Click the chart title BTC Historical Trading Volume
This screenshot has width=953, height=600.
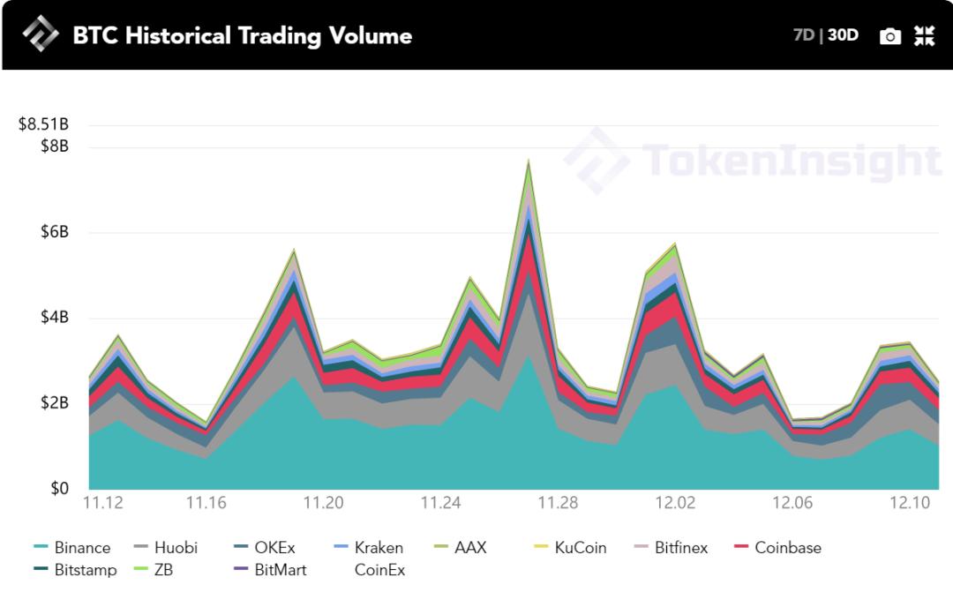pos(242,35)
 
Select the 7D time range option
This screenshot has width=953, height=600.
pos(803,35)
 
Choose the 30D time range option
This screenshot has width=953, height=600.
pos(843,35)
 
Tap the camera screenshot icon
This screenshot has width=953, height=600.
pos(890,36)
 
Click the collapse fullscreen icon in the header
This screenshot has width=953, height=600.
pos(924,35)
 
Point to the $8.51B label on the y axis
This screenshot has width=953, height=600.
pos(43,124)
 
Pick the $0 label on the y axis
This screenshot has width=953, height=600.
pos(58,489)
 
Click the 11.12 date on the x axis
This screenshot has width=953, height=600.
pos(102,503)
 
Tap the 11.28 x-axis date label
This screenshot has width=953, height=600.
pos(558,503)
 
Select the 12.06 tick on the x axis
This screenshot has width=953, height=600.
pos(792,503)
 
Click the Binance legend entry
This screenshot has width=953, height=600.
pos(82,548)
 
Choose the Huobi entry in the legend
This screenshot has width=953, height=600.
pos(176,548)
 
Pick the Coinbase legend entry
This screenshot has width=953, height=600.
pos(787,548)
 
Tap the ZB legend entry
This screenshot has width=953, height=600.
pos(163,570)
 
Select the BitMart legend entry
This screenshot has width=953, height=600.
pos(280,570)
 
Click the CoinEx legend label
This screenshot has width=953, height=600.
pos(379,570)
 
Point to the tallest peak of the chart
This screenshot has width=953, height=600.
pos(529,162)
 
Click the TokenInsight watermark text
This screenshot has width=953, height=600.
pos(791,161)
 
